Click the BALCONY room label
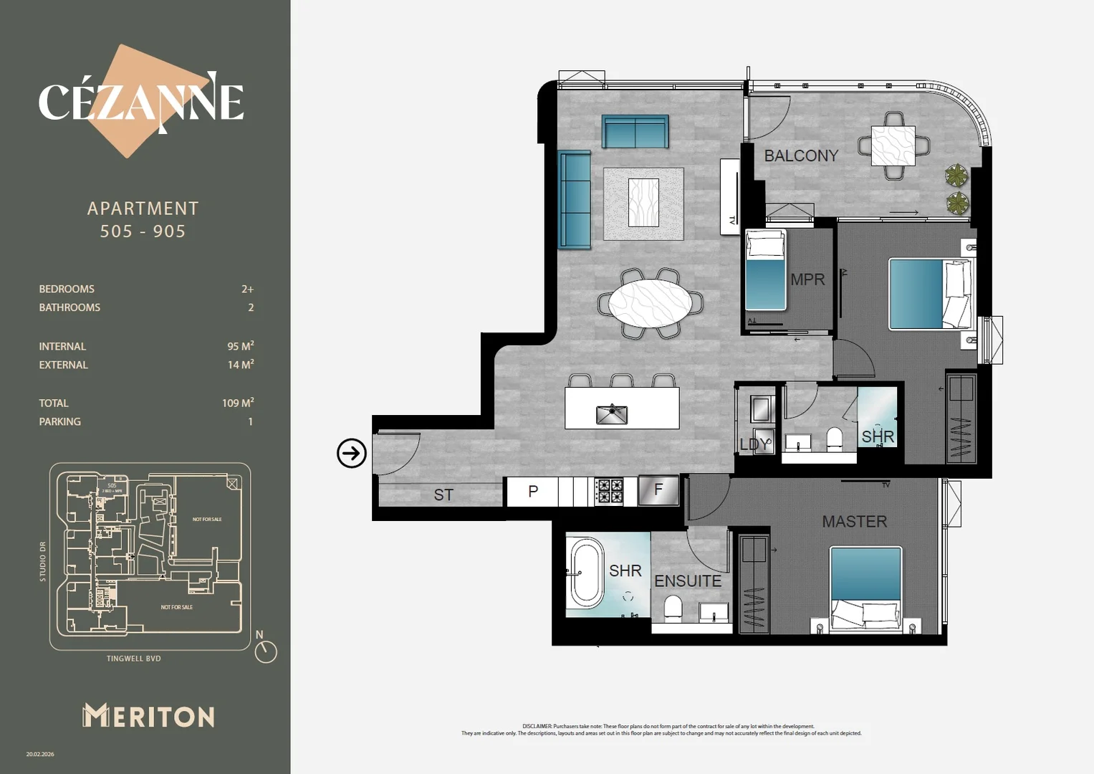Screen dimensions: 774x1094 (x=800, y=156)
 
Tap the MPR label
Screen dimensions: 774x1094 (x=807, y=279)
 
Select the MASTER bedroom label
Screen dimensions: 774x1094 (x=854, y=522)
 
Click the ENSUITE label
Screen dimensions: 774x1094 (x=688, y=581)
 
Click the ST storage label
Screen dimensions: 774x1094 (x=443, y=494)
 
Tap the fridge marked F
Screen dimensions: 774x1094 (x=658, y=491)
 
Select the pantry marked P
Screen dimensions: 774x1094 (x=532, y=492)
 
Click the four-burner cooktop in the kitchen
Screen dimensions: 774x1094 (x=609, y=492)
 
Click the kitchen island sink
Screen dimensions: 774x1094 (x=611, y=414)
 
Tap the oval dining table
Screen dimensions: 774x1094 (x=650, y=303)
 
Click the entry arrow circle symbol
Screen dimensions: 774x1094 (x=352, y=453)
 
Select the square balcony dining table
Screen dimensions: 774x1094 (x=893, y=145)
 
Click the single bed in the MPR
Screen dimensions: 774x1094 (x=765, y=269)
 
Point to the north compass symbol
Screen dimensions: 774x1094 (x=265, y=649)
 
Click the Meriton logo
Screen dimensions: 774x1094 (x=148, y=716)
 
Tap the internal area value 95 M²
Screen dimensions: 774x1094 (x=240, y=346)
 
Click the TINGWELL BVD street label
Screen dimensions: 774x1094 (x=134, y=659)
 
